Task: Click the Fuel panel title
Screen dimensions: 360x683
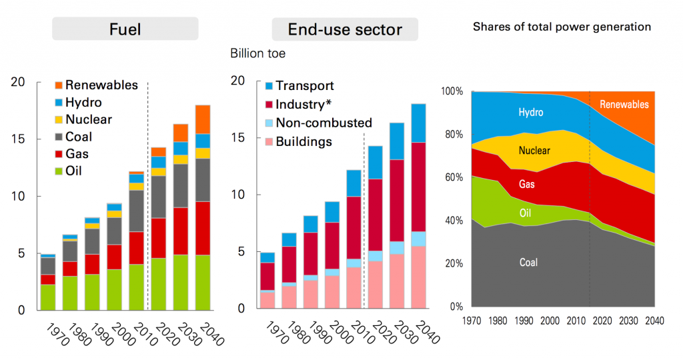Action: point(125,29)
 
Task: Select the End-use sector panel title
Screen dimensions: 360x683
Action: point(345,29)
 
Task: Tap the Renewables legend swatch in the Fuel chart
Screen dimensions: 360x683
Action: point(59,85)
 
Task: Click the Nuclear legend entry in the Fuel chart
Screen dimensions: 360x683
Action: point(88,120)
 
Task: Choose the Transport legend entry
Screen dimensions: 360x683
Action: point(304,86)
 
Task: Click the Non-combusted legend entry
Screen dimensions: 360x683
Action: point(323,123)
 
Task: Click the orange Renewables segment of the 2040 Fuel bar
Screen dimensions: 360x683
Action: point(203,119)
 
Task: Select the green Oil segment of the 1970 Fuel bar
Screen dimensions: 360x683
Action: point(48,297)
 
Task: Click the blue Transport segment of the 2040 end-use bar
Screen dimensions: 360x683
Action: point(419,123)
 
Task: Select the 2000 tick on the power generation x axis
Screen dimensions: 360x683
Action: point(550,321)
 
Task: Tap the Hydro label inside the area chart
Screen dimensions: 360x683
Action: point(531,113)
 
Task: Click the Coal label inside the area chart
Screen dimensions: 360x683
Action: point(528,263)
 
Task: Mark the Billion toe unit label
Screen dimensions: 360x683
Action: point(257,53)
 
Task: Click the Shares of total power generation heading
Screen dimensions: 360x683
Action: point(562,27)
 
